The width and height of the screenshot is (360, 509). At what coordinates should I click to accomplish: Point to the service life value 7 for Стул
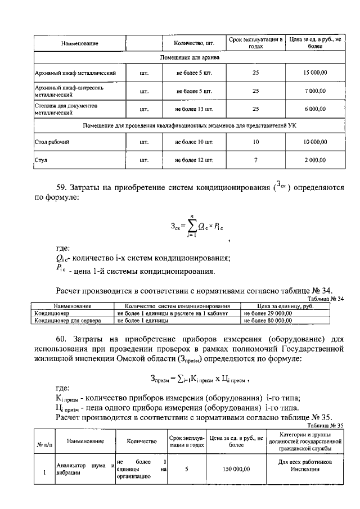(255, 160)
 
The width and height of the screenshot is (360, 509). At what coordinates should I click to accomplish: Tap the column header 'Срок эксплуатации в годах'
(255, 43)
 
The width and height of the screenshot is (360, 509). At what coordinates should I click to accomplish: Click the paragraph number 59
(62, 187)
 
